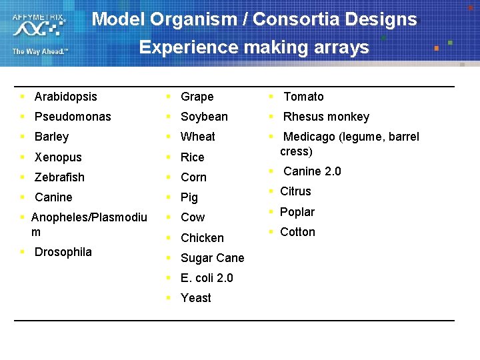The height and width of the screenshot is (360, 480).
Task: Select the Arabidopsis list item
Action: (x=65, y=97)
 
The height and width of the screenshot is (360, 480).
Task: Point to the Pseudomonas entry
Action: (x=73, y=117)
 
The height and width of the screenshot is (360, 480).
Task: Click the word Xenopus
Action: (x=58, y=157)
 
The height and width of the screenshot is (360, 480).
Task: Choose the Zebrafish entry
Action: (x=59, y=177)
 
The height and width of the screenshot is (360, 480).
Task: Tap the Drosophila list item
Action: (x=63, y=252)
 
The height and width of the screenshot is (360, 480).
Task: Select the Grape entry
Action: (x=197, y=97)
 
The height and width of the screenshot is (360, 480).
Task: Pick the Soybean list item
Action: (x=204, y=117)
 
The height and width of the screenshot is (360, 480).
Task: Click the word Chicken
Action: (x=202, y=238)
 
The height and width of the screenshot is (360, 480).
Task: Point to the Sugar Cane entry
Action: (x=212, y=258)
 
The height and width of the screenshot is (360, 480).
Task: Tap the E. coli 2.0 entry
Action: (x=207, y=278)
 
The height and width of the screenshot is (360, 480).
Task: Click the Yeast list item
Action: (x=195, y=298)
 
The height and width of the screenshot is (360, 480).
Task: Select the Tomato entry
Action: (x=303, y=97)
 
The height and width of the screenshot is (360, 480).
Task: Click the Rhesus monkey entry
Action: (x=326, y=117)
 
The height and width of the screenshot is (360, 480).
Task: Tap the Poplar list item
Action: (x=297, y=212)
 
